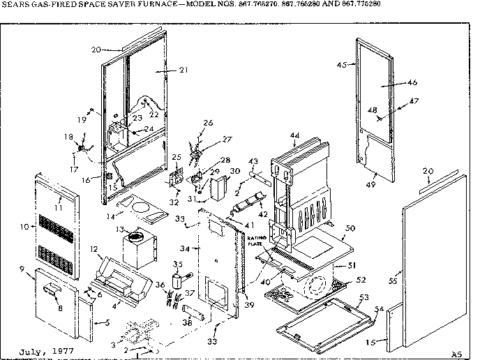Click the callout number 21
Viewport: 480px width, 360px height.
[164, 70]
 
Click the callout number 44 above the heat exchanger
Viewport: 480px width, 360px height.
[295, 135]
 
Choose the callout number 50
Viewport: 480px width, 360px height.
[350, 228]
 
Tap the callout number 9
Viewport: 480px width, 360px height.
[22, 269]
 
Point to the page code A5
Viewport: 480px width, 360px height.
[456, 353]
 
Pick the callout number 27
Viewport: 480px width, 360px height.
[207, 138]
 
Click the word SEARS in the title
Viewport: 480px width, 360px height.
[15, 4]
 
